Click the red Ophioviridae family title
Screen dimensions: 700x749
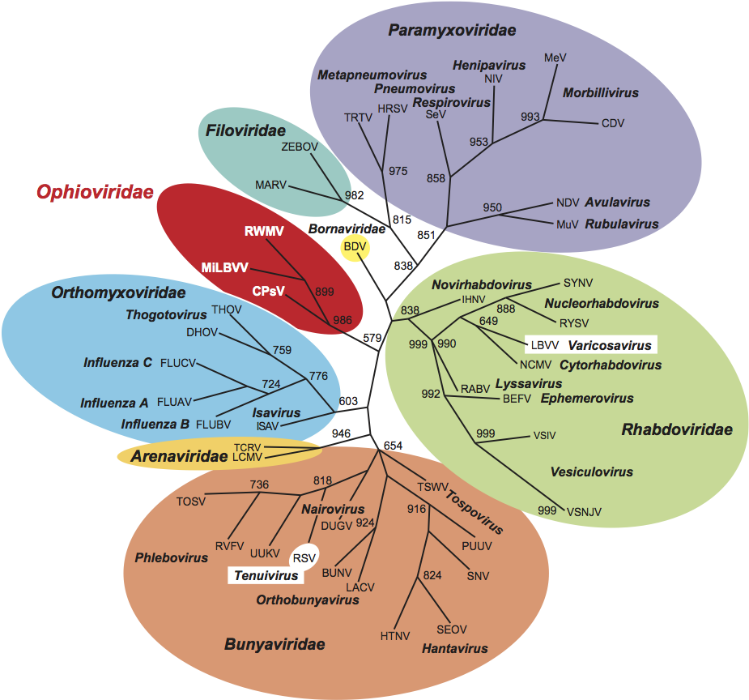95,192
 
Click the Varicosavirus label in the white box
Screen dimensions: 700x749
608,345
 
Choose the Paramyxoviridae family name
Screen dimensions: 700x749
452,31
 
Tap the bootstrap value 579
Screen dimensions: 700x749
372,337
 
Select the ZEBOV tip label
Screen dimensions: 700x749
300,147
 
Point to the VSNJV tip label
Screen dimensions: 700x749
585,510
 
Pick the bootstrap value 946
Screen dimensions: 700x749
341,433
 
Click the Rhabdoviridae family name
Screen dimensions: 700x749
676,429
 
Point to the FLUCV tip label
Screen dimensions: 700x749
179,362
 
